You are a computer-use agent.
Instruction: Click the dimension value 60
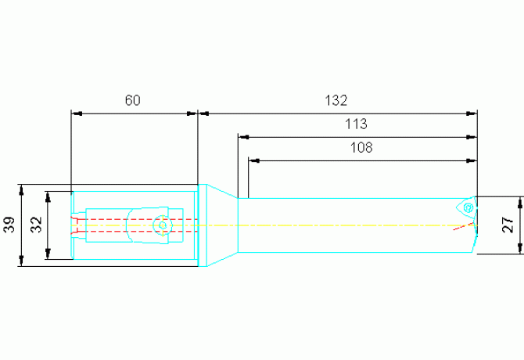point(133,100)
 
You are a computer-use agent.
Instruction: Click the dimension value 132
point(336,100)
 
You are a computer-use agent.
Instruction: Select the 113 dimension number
point(356,124)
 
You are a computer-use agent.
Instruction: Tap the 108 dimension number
point(361,147)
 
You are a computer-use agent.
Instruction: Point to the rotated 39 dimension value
point(9,225)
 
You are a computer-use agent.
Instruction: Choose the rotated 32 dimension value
point(36,225)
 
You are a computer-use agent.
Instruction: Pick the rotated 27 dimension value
point(508,225)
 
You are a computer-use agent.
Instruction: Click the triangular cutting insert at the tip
point(467,208)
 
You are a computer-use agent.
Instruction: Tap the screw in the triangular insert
point(468,208)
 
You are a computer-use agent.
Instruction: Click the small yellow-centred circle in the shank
point(163,225)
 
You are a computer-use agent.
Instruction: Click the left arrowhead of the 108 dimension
point(254,160)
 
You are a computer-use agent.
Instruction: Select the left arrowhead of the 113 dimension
point(243,138)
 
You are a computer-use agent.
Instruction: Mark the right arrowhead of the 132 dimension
point(472,113)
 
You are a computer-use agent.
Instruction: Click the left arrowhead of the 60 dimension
point(77,113)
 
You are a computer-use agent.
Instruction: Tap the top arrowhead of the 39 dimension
point(22,190)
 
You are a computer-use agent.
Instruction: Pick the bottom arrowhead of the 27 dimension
point(520,248)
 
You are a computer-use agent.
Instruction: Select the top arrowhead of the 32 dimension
point(48,197)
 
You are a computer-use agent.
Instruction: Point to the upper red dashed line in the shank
point(134,219)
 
